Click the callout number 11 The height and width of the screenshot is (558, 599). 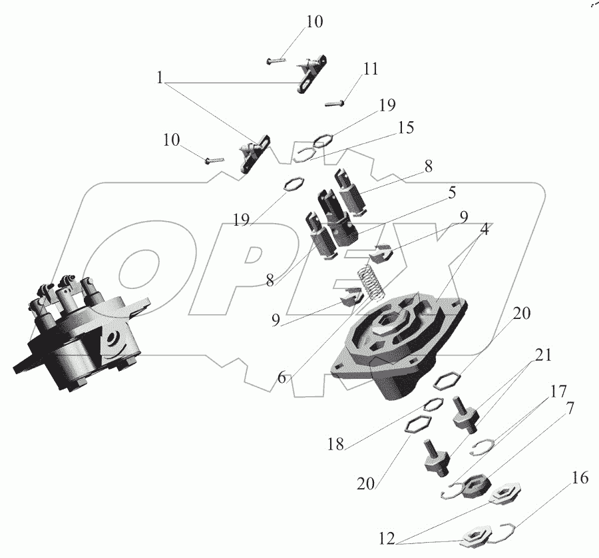371,69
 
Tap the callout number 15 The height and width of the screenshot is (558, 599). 406,128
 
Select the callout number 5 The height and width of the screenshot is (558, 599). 452,192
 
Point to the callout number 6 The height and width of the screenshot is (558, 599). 282,378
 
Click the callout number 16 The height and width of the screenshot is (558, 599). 580,477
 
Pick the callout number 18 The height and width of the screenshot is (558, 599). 335,444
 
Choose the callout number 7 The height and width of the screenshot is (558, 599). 569,408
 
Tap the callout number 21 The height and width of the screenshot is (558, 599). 543,355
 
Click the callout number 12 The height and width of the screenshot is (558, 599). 387,539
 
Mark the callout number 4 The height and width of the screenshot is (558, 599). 485,229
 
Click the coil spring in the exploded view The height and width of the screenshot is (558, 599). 371,281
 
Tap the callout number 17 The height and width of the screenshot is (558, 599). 558,392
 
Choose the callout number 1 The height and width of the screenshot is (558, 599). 160,78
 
